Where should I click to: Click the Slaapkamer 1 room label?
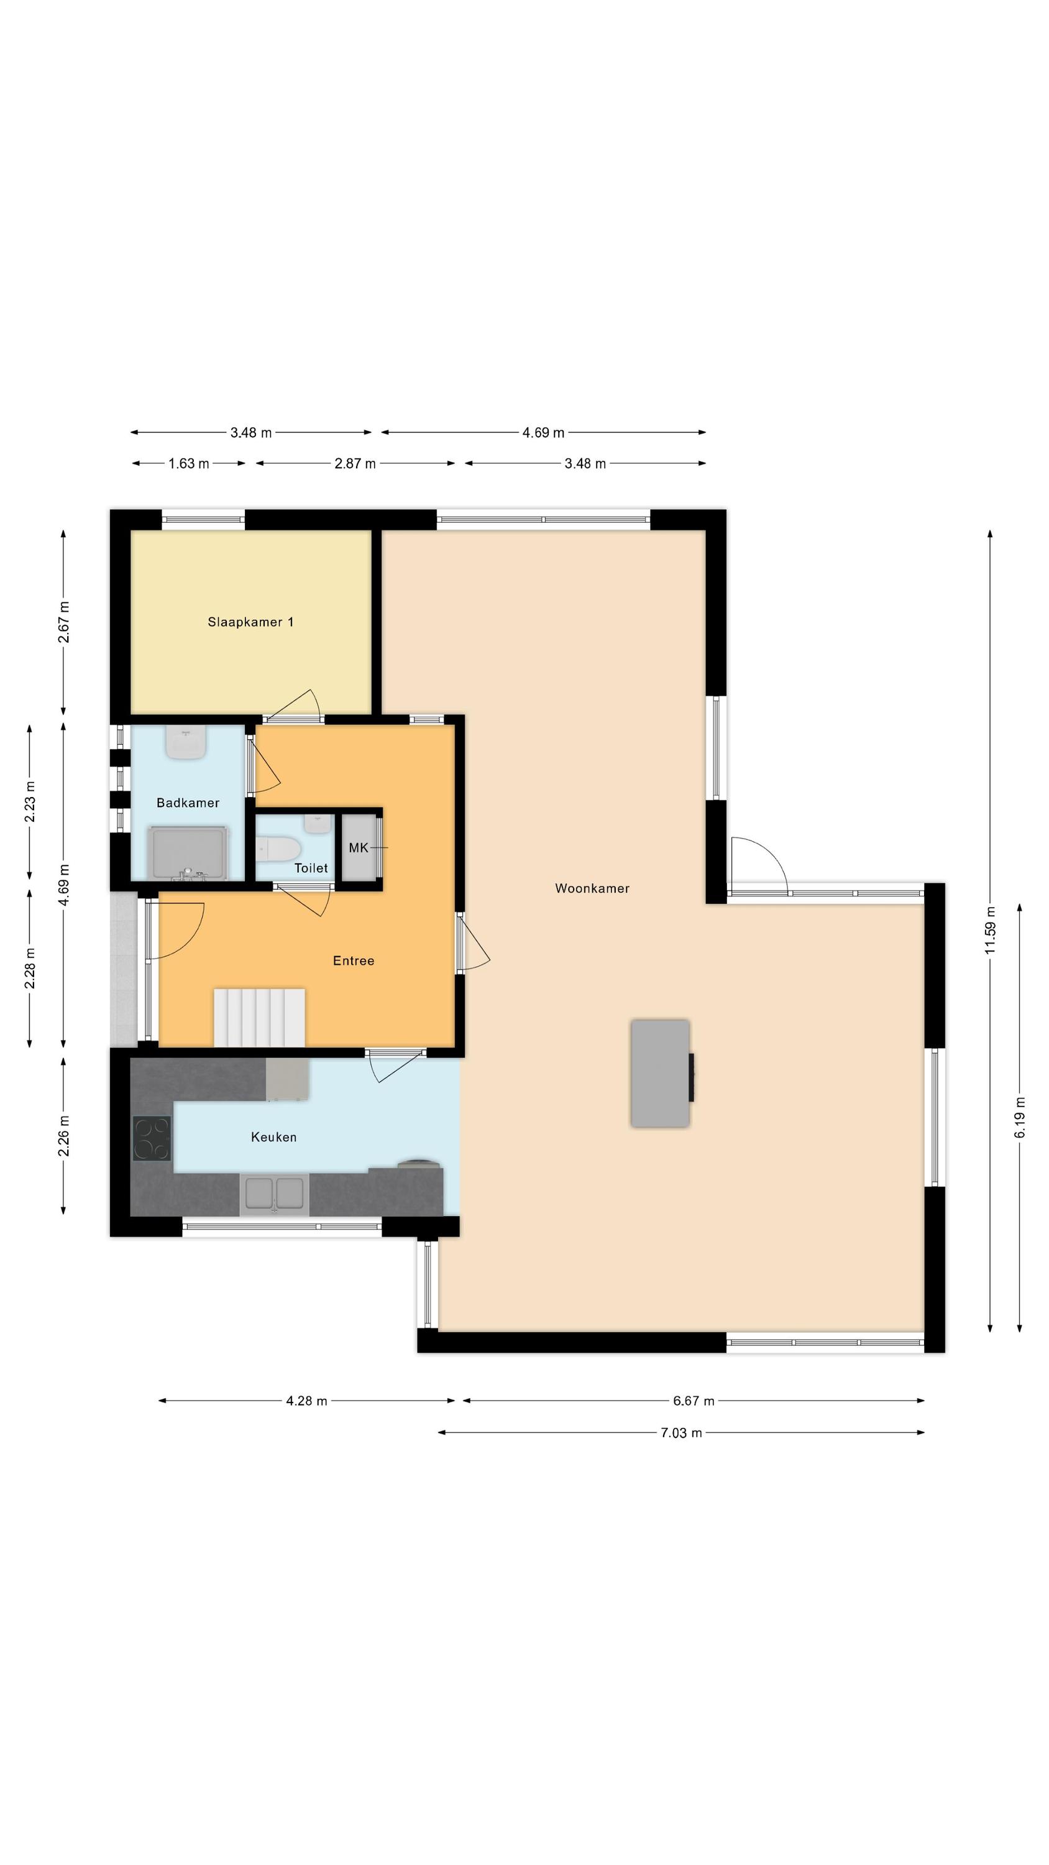250,622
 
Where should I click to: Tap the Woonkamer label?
592,888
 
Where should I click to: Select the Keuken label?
273,1138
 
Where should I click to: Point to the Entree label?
353,960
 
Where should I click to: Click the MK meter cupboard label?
359,848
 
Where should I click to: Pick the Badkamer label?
188,803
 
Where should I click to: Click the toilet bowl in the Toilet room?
278,849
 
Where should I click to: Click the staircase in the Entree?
259,1017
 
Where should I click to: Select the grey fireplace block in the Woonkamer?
660,1074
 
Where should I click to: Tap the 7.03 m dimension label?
681,1433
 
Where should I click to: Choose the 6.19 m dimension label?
1019,1117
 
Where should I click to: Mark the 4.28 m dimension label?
306,1401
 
